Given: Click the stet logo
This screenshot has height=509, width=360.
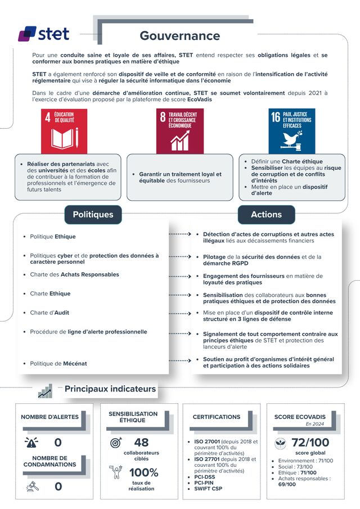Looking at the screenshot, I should click(43, 34).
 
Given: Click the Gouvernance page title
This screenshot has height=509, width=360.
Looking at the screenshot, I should click(179, 36).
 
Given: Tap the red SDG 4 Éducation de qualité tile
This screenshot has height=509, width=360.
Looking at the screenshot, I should click(64, 131).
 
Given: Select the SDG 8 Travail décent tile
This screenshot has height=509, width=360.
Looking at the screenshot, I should click(179, 131).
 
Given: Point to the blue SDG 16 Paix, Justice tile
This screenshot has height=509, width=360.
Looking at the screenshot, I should click(291, 131).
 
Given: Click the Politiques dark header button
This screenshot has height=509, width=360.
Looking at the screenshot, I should click(93, 214).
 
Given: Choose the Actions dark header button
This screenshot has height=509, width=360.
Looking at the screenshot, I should click(266, 214).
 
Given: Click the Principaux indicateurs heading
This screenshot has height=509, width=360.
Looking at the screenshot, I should click(110, 389).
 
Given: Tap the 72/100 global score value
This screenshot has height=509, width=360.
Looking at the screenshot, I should click(310, 443).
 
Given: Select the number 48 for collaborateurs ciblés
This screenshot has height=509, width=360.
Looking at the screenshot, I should click(141, 443).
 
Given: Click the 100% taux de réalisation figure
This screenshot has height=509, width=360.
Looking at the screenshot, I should click(143, 472).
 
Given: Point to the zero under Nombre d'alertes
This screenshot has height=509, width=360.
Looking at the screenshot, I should click(58, 443).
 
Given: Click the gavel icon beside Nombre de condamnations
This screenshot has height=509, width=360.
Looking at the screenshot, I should click(31, 486).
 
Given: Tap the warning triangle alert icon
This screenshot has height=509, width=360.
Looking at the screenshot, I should click(31, 442).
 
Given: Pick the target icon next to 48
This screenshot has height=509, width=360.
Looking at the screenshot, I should click(116, 443).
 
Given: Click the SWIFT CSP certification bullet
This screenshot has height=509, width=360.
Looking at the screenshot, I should click(209, 488).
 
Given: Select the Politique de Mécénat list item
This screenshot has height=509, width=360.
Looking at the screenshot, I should click(58, 363).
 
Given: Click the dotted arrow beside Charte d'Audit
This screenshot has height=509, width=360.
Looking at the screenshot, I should click(181, 313).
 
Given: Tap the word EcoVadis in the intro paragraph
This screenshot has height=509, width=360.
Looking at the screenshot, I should click(200, 99).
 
